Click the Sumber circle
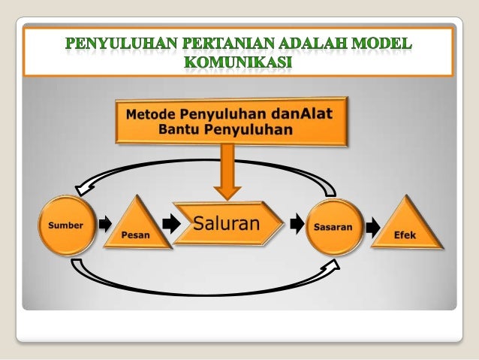point(66,225)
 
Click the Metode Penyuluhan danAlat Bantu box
point(231,121)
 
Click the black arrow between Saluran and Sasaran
point(297,224)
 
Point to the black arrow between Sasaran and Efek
point(372,224)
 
